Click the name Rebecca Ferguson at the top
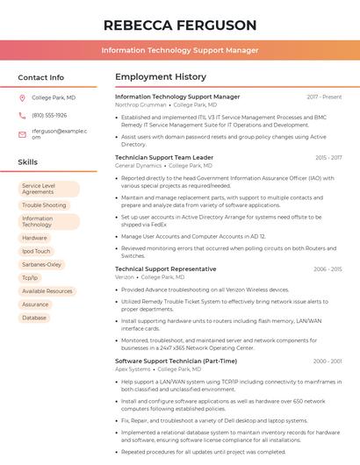[x=180, y=25]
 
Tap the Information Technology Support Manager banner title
[x=180, y=51]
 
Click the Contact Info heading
[x=41, y=77]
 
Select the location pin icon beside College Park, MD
[x=22, y=97]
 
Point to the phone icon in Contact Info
[x=22, y=116]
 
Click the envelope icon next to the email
[x=22, y=134]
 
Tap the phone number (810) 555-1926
[x=49, y=116]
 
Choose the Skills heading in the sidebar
[x=28, y=162]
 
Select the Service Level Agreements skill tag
[x=48, y=189]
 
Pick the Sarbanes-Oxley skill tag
[x=42, y=264]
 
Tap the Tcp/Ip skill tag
[x=30, y=277]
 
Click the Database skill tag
[x=34, y=318]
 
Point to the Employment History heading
[x=161, y=77]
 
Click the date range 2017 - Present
[x=324, y=97]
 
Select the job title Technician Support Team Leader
[x=164, y=157]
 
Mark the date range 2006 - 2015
[x=328, y=269]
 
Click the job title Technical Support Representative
[x=166, y=268]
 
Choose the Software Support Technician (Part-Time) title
[x=176, y=361]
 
